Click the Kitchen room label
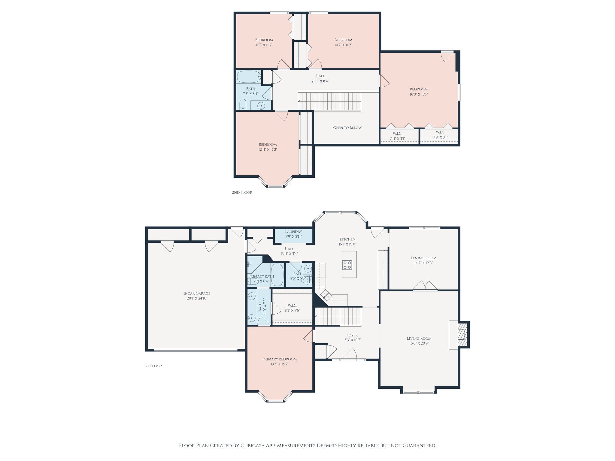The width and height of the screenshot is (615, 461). coord(347,239)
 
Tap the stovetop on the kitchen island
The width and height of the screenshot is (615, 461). coord(348,265)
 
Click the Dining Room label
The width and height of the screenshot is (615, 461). coord(423,258)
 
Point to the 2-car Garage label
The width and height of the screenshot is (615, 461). coord(197,293)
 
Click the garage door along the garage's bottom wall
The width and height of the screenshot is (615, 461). coord(195,350)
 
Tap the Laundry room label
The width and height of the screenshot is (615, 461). coord(293,232)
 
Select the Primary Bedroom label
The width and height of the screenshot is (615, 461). coord(280,359)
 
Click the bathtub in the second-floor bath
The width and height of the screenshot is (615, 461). coord(249,77)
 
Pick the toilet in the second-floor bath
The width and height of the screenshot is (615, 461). coord(243,104)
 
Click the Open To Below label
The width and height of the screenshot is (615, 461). coord(347,128)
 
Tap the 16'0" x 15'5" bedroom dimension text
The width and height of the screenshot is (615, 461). coord(419,94)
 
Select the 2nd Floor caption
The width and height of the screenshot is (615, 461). coord(242,192)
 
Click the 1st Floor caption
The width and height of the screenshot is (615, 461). coord(153,366)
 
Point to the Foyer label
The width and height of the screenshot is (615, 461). coord(352,335)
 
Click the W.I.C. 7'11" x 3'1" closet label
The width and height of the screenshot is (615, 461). coord(397,136)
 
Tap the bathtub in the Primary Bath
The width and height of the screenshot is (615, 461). coord(277,275)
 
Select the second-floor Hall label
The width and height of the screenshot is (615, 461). coord(320,76)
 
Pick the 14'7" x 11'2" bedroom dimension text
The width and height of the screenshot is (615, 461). coord(343,45)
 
